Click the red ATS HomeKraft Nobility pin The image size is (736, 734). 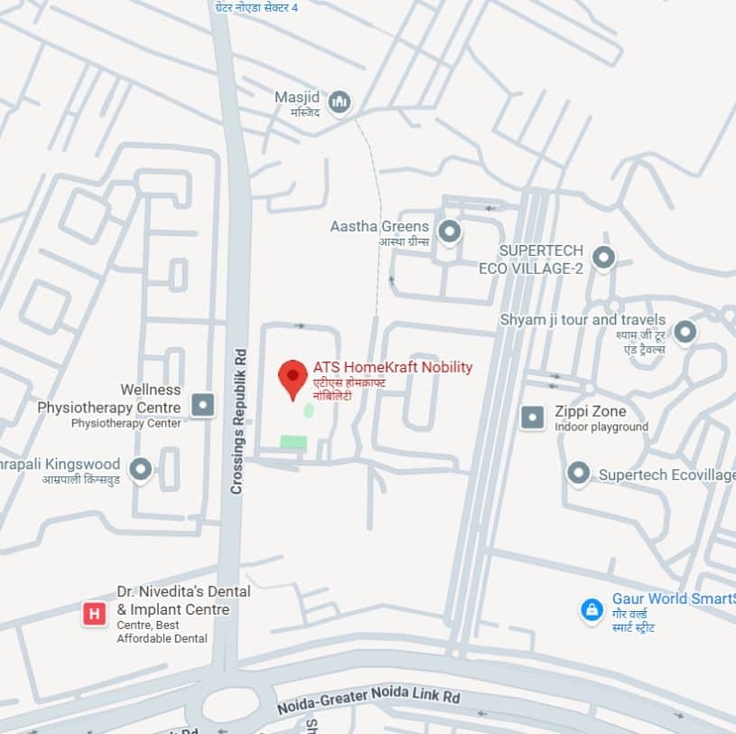click(x=293, y=377)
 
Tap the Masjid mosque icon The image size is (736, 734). click(x=340, y=102)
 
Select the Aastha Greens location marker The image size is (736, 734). click(x=449, y=232)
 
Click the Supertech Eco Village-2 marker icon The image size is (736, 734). click(x=604, y=258)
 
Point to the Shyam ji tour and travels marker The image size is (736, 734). click(x=685, y=332)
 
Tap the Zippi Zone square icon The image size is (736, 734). click(x=534, y=417)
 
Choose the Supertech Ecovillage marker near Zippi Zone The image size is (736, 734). click(x=578, y=473)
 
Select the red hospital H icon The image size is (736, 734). click(x=93, y=615)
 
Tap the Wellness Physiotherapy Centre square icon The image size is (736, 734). click(x=203, y=404)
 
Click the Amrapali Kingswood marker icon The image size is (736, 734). click(x=140, y=469)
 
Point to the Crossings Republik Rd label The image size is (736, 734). click(x=238, y=421)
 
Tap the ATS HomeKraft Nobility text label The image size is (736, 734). click(x=392, y=367)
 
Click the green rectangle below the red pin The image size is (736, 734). click(x=293, y=442)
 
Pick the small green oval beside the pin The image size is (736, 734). click(x=309, y=411)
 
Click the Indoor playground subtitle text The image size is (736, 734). click(x=601, y=427)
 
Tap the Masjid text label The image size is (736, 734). click(x=297, y=97)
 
